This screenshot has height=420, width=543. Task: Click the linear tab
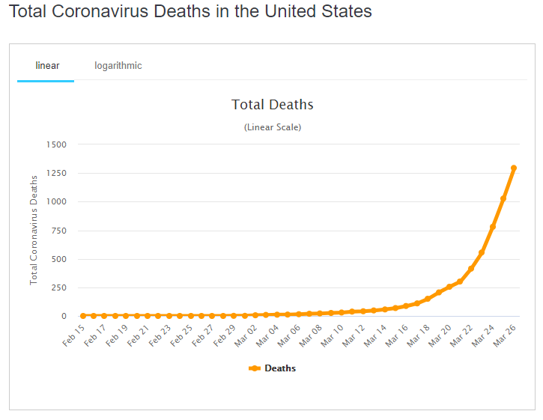[47, 66]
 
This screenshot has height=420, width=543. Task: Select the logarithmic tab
[118, 66]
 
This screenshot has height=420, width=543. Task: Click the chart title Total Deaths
[272, 105]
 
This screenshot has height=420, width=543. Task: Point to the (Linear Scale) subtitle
[273, 127]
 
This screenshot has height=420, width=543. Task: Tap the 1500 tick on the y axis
[56, 144]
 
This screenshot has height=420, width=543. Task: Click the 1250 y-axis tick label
[56, 173]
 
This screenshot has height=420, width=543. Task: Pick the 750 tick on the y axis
[58, 231]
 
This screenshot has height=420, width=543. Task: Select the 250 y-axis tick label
[58, 288]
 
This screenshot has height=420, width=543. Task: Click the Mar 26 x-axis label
[505, 335]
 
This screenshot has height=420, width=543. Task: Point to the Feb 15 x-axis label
[73, 335]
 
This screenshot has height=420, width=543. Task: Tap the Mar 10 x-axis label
[332, 335]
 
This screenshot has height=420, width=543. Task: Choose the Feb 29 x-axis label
[224, 335]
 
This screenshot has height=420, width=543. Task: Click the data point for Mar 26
[514, 168]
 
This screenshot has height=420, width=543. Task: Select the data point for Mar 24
[492, 227]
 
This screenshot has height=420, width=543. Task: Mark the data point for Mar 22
[471, 268]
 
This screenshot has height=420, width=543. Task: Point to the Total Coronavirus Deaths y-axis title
[34, 230]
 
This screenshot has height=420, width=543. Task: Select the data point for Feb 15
[82, 316]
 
